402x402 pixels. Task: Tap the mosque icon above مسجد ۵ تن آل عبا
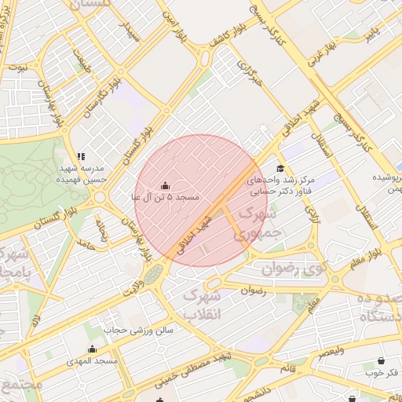(165, 186)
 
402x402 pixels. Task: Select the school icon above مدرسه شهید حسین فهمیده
(81, 156)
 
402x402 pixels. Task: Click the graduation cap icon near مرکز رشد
(280, 168)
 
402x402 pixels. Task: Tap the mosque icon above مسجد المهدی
(92, 349)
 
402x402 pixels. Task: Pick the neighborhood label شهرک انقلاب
(202, 304)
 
